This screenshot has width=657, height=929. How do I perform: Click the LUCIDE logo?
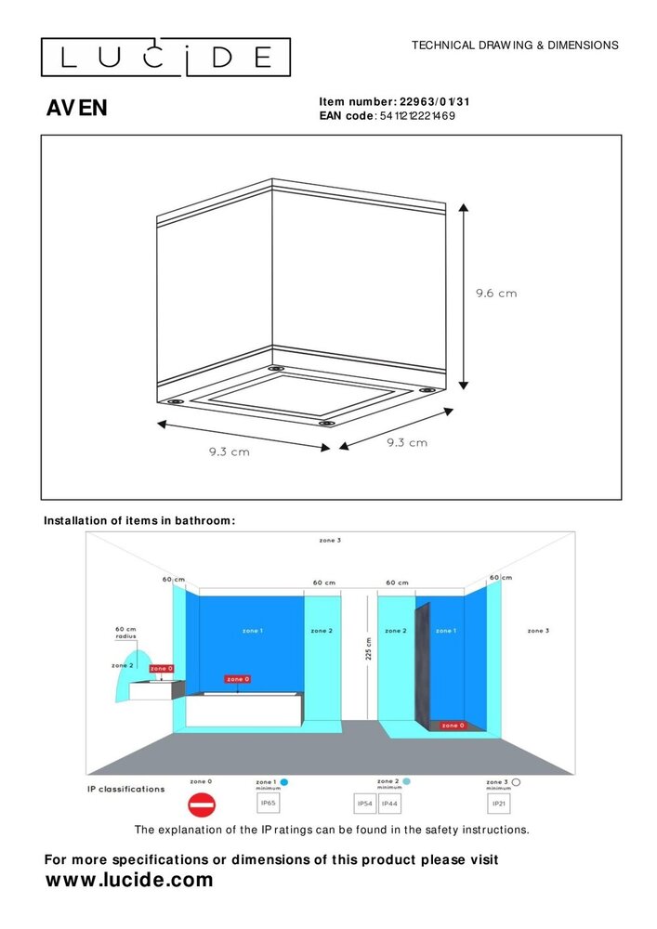tap(165, 58)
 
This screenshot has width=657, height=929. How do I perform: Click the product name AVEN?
tap(76, 109)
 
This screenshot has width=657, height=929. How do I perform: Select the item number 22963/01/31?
tap(440, 102)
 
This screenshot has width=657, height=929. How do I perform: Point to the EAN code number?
tap(418, 116)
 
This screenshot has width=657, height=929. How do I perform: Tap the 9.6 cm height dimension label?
tap(495, 293)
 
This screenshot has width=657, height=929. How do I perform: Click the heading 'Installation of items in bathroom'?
tap(139, 520)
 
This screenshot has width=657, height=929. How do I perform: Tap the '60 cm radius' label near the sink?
tap(125, 633)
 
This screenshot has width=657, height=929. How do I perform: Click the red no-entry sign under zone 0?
tap(202, 804)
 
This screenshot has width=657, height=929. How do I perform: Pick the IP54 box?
tap(366, 803)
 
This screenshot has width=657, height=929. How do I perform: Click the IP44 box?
tap(390, 803)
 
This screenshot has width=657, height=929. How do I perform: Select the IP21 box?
tap(499, 803)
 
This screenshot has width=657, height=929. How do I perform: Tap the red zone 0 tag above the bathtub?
tap(238, 679)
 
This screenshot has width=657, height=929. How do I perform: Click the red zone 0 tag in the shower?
tap(453, 726)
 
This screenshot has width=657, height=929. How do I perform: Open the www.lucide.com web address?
tap(129, 880)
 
